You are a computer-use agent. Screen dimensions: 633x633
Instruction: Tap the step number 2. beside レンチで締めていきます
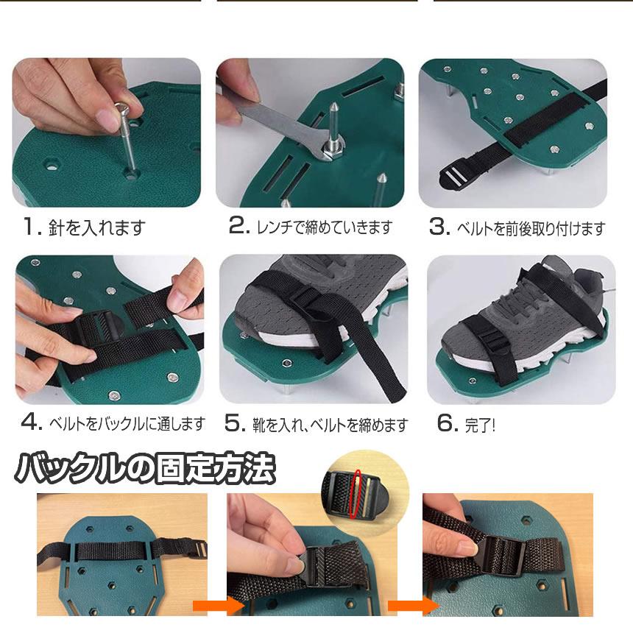click(x=240, y=227)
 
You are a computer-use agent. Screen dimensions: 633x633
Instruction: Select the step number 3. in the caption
click(x=439, y=227)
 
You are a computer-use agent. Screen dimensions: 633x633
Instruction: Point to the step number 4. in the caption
click(x=32, y=423)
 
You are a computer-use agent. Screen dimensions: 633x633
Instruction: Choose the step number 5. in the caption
click(x=234, y=423)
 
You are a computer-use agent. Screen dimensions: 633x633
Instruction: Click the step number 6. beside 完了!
click(x=448, y=423)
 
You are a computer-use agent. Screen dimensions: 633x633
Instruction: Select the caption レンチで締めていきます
click(x=325, y=227)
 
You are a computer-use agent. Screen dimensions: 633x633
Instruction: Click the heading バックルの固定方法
click(x=145, y=468)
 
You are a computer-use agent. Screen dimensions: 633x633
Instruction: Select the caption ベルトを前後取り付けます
click(x=540, y=228)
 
